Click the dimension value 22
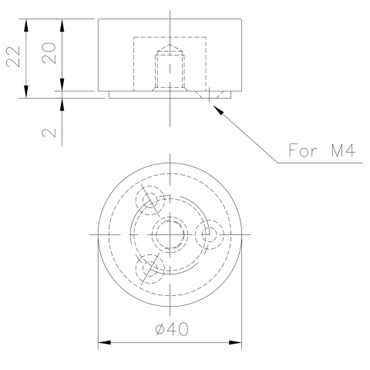tap(13, 57)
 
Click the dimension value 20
tap(49, 53)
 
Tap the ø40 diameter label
tap(172, 328)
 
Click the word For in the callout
tap(302, 150)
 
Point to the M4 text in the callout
tap(343, 150)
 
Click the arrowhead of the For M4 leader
tap(218, 110)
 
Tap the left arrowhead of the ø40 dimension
tap(105, 342)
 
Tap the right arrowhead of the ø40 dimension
tap(235, 342)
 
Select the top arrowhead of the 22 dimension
tap(26, 25)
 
